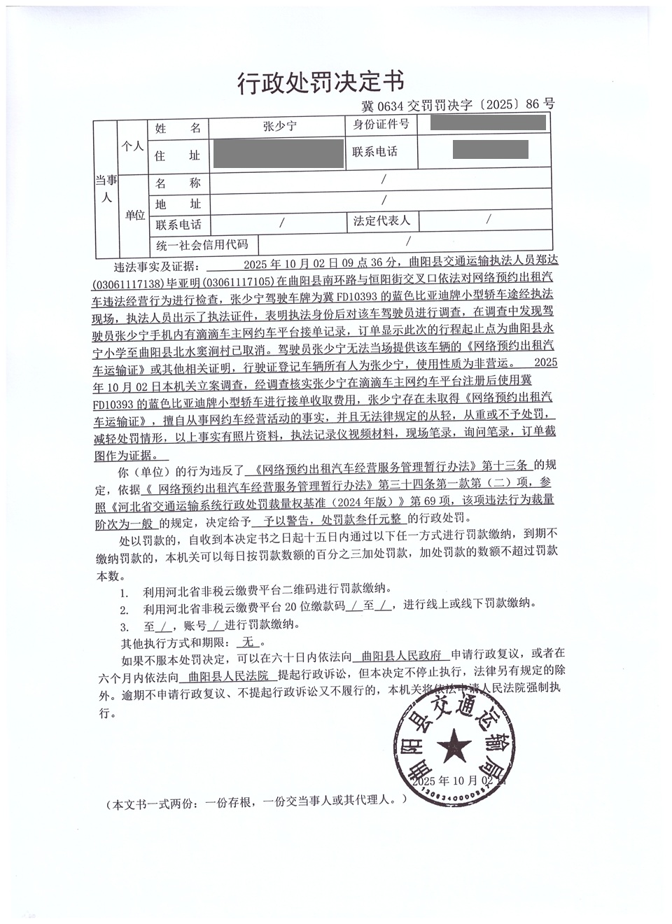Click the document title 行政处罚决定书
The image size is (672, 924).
[x=321, y=83]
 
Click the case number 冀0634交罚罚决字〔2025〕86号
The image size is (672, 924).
[x=458, y=105]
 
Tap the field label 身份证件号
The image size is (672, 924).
[x=381, y=125]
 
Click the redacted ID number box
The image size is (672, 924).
[x=488, y=124]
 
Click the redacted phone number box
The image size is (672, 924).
[x=490, y=150]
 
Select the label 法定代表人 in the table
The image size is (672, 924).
[x=381, y=221]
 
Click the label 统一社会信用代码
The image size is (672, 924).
[x=202, y=244]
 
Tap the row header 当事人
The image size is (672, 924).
[x=106, y=188]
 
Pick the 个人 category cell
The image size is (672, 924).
[x=133, y=146]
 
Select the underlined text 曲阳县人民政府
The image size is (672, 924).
[x=400, y=656]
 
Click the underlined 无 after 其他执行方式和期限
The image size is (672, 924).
[x=248, y=641]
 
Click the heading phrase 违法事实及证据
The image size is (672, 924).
[x=156, y=267]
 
